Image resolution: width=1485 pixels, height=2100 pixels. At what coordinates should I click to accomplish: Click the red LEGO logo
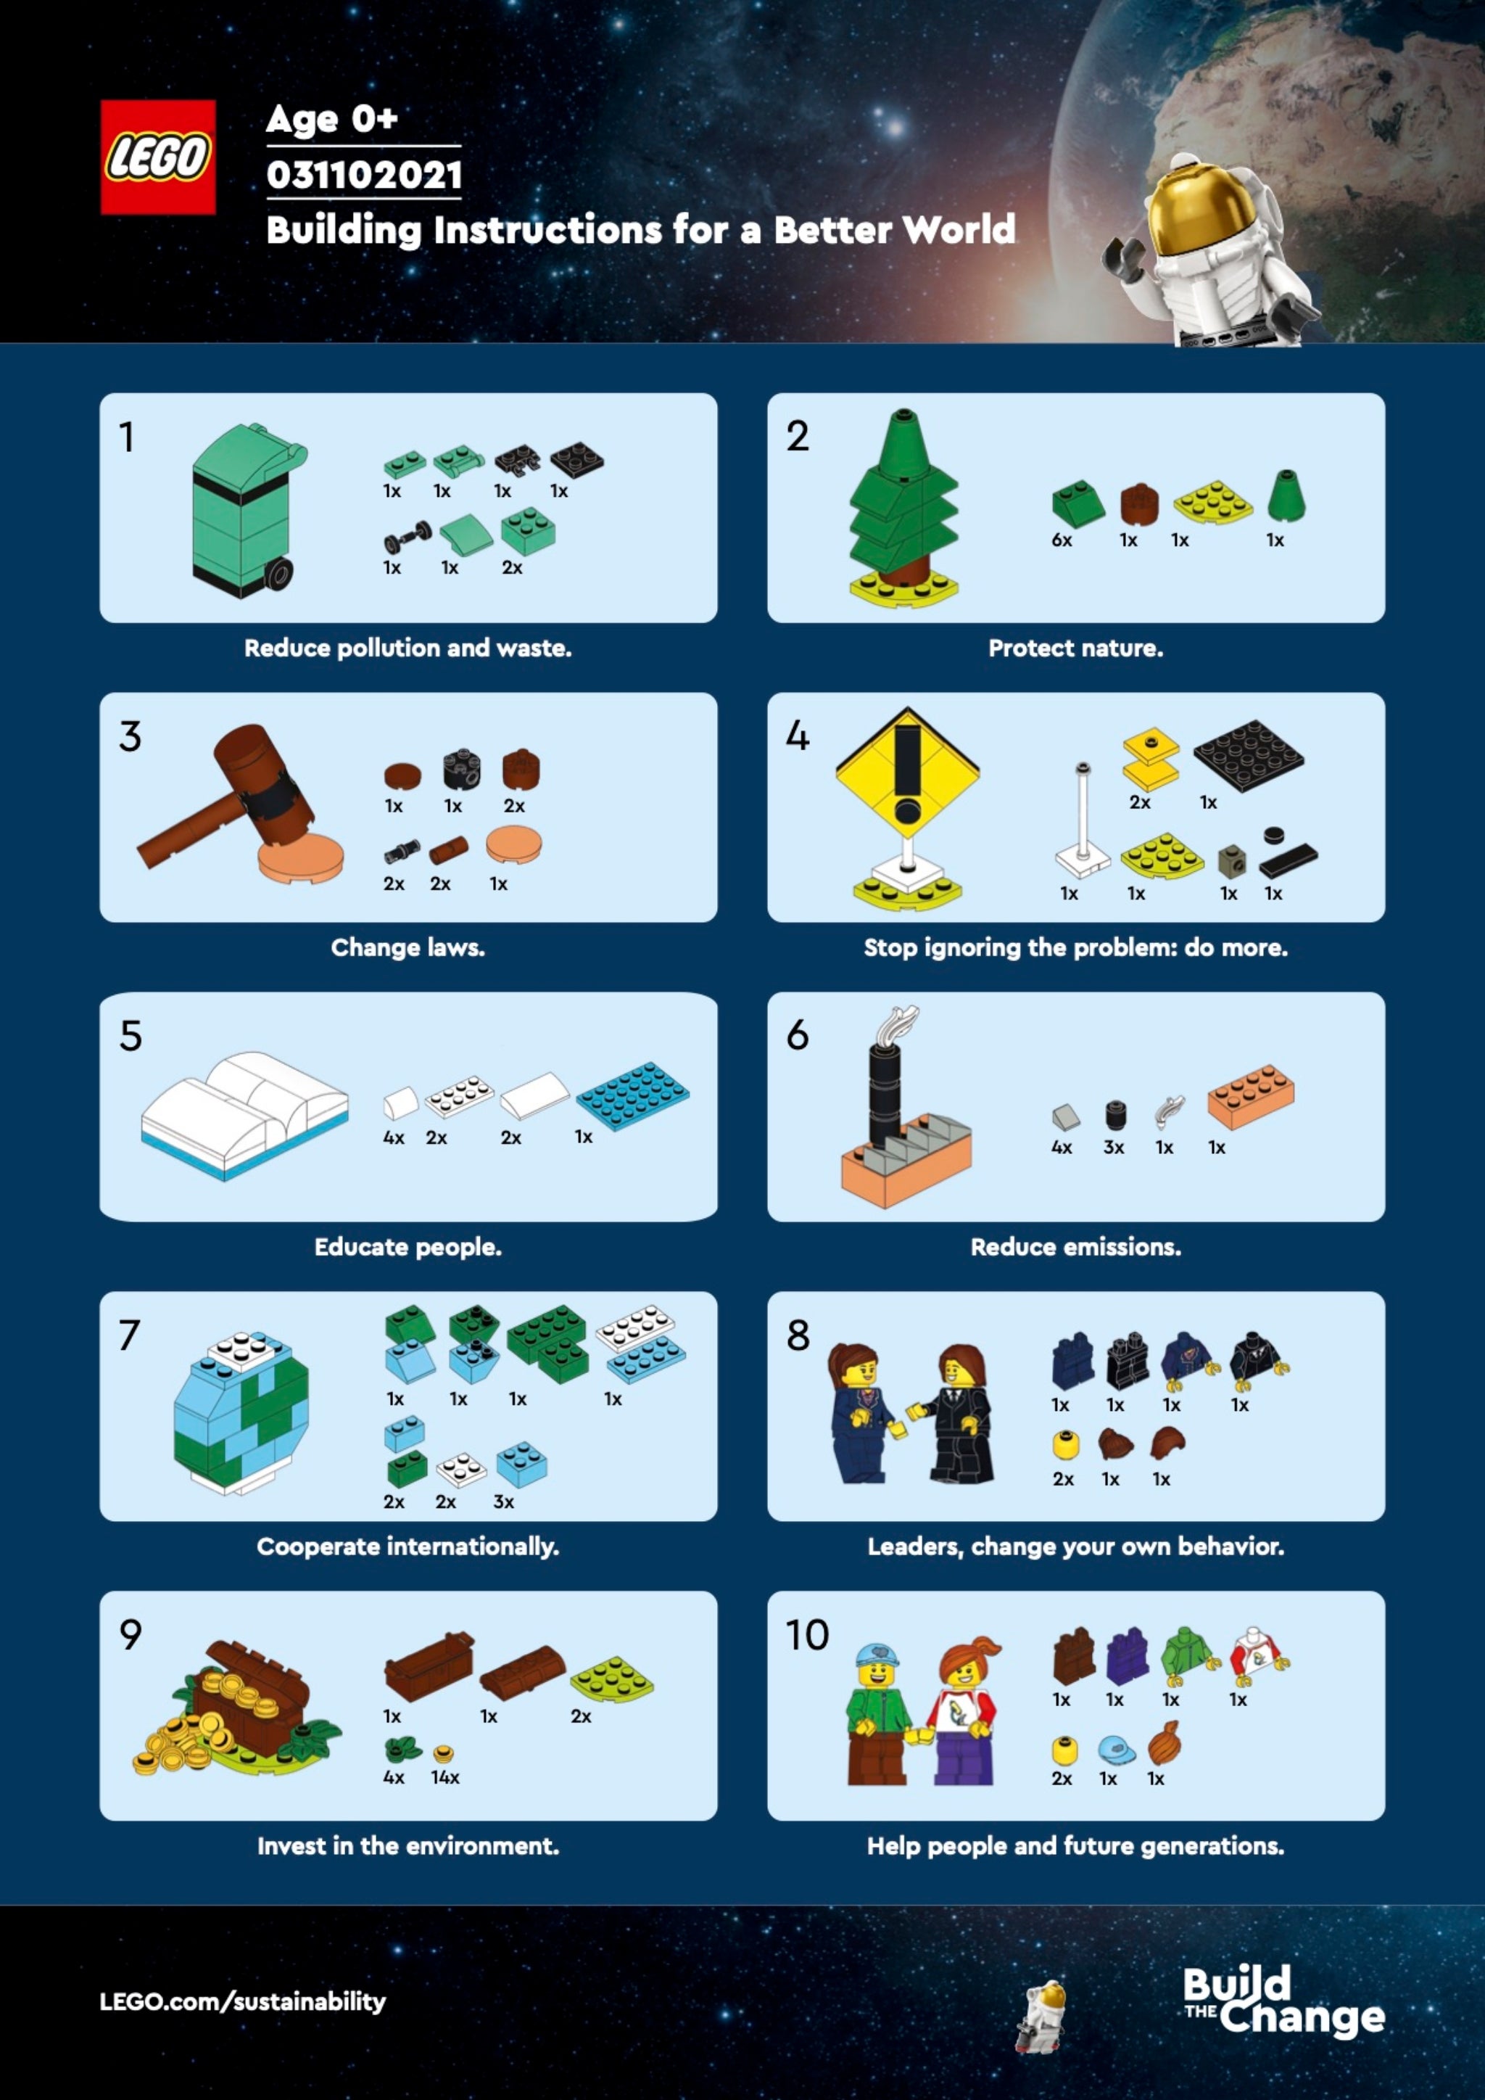coord(158,157)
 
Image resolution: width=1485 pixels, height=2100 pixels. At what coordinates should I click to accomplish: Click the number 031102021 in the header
coord(364,175)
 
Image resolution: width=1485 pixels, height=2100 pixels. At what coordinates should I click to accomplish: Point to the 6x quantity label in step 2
coord(1062,540)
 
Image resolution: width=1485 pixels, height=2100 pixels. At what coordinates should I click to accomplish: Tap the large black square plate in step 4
coord(1248,754)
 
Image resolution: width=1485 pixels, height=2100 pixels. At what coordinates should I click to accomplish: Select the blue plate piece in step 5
coord(633,1094)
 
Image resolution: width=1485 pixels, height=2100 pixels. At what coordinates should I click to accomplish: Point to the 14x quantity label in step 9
coord(445,1778)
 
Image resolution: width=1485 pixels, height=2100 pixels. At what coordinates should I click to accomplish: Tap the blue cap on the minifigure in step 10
coord(876,1655)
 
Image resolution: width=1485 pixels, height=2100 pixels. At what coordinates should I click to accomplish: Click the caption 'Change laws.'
coord(408,947)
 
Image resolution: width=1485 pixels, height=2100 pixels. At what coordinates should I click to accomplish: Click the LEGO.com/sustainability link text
coord(242,2001)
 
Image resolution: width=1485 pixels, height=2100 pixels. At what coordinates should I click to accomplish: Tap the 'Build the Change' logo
coord(1282,2001)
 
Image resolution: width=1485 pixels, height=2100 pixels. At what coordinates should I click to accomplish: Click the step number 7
coord(130,1336)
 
